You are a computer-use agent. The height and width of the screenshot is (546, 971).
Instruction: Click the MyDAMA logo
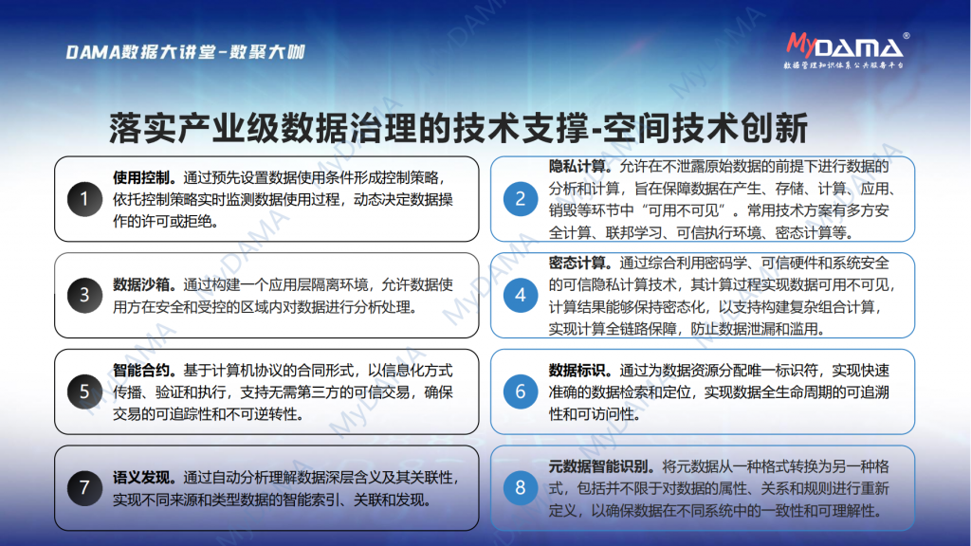tap(847, 50)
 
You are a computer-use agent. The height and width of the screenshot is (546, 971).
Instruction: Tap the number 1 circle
tap(84, 199)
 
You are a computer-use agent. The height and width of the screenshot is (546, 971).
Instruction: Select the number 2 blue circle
tap(521, 199)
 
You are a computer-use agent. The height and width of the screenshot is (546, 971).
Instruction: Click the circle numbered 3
tap(84, 296)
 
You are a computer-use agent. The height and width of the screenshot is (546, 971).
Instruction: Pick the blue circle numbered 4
tap(521, 296)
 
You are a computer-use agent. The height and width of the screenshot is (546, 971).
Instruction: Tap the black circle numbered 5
tap(84, 391)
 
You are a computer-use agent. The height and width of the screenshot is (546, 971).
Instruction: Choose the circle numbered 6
tap(521, 391)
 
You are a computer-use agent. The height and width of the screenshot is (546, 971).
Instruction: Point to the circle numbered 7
tap(84, 488)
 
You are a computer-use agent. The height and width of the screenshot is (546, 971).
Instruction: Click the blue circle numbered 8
tap(521, 488)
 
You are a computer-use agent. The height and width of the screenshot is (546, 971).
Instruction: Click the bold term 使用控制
tap(140, 177)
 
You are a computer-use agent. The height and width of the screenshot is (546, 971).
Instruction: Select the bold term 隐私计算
tap(577, 167)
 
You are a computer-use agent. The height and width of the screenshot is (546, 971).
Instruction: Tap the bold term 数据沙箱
tap(140, 284)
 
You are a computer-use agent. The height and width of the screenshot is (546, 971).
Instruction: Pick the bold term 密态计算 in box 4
tap(577, 264)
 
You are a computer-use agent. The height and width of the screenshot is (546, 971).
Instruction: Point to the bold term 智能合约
tap(140, 371)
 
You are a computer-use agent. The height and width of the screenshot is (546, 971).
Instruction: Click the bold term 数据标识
tap(577, 371)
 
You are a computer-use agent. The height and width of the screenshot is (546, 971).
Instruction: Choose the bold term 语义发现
tap(140, 478)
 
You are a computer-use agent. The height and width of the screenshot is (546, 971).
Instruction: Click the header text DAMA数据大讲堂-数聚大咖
tap(185, 52)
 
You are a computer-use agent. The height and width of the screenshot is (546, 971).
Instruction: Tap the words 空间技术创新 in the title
tap(705, 128)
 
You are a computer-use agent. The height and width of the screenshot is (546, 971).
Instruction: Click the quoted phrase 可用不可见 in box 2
tap(682, 210)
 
